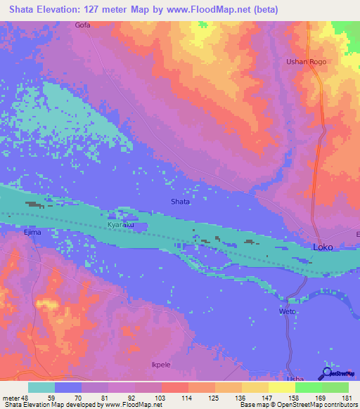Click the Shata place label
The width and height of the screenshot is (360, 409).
181,202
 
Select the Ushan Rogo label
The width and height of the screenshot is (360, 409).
307,62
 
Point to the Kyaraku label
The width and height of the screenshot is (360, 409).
121,225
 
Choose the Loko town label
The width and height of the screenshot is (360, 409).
323,248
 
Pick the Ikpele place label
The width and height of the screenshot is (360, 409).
162,365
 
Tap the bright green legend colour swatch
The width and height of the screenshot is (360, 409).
308,387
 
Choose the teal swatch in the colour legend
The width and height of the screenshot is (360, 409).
41,387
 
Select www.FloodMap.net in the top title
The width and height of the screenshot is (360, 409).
216,10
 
